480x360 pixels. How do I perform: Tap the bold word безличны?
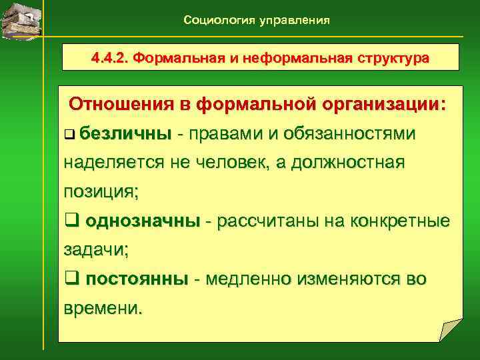pos(125,134)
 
